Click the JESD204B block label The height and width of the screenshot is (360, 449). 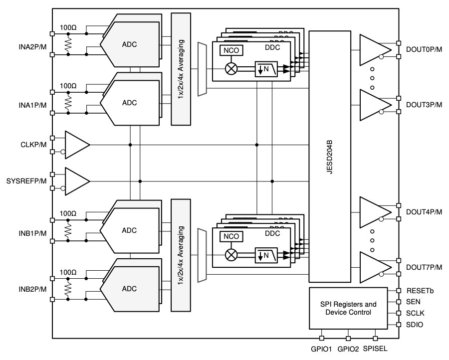(330, 157)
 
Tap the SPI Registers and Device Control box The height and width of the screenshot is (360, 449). (348, 308)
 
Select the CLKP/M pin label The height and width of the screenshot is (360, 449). (33, 145)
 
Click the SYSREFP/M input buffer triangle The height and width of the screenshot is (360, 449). (77, 181)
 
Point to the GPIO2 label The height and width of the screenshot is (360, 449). (348, 349)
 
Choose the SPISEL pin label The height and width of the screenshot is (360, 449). (375, 349)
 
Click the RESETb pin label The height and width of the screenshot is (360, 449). (420, 291)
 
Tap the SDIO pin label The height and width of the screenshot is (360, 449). (415, 325)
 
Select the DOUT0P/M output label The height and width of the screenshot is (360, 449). (424, 49)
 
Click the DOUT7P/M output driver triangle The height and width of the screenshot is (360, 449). (375, 267)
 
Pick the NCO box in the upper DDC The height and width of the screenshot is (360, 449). (231, 50)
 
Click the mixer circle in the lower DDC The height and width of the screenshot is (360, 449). (231, 255)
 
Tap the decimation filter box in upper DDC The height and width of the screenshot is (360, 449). (266, 69)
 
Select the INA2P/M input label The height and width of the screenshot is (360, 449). (32, 47)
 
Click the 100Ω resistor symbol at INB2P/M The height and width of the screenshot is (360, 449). (68, 289)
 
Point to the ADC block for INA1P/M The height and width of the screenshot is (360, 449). (129, 103)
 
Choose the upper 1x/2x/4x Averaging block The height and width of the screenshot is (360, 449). (181, 69)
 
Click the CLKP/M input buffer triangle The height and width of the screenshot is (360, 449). (77, 145)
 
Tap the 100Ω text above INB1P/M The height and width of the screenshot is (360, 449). (68, 213)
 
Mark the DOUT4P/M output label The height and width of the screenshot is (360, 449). (424, 212)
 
